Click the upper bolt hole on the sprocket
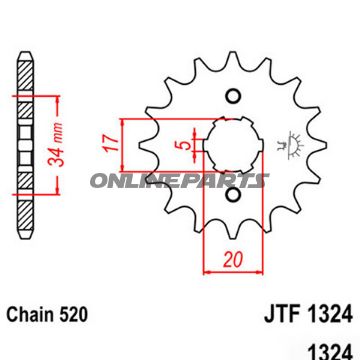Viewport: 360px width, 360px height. (x=234, y=97)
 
